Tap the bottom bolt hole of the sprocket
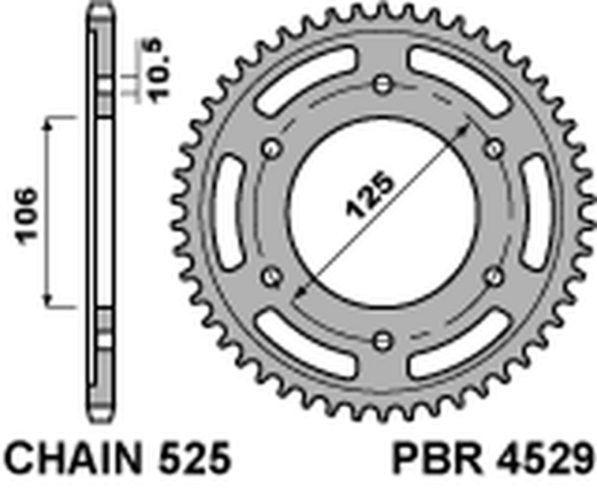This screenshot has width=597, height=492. coord(383,341)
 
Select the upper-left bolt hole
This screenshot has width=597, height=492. coord(270,147)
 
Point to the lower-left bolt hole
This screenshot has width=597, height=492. coord(270,277)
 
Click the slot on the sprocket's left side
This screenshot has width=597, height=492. coord(229,212)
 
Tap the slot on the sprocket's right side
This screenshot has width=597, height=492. coord(536,212)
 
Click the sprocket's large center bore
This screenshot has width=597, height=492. coord(383,212)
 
